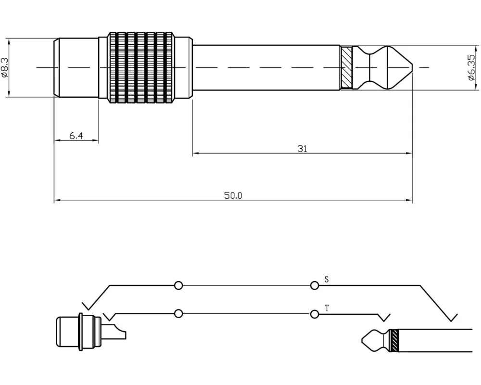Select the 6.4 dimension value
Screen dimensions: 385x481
coord(76,136)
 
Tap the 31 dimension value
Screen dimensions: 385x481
coord(302,149)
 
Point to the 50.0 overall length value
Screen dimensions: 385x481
coord(233,195)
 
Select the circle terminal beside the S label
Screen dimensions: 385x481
coord(315,285)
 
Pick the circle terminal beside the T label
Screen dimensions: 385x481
coord(315,314)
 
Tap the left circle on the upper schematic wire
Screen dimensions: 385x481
coord(178,285)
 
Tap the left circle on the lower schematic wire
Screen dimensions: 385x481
coord(178,314)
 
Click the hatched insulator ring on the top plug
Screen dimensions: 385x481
coord(346,67)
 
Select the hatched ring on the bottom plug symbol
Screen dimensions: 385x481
coord(394,340)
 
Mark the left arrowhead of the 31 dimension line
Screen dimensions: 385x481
coord(195,154)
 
